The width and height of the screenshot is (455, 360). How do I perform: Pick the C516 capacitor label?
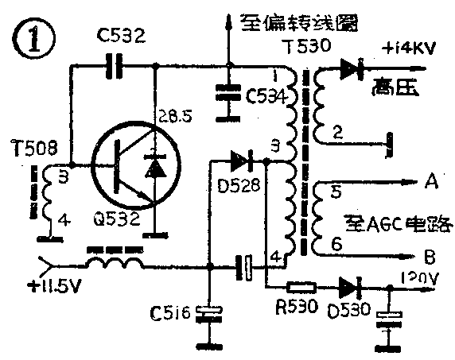(x=165, y=314)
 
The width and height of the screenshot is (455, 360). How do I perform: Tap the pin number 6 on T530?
(x=337, y=246)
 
